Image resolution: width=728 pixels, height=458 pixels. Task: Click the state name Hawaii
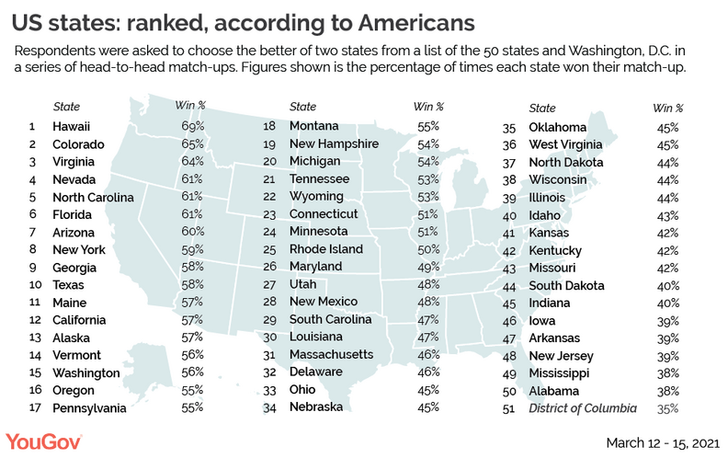point(72,126)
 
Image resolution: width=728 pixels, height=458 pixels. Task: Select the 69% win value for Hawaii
point(191,126)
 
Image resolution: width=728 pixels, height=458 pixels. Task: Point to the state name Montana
point(313,126)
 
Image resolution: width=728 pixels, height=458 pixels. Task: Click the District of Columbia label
point(589,406)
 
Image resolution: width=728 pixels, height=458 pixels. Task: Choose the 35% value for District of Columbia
point(668,406)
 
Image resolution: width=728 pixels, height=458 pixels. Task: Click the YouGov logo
point(44,440)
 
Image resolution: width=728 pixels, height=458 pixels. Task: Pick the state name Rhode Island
point(325,249)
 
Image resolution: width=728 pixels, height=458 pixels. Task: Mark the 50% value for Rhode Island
point(430,249)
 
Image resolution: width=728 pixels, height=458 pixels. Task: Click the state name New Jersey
point(561,356)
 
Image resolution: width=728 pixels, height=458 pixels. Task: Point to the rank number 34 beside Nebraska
point(271,406)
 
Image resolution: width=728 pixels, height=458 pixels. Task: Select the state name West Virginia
point(565,144)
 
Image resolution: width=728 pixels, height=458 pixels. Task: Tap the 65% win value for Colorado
point(191,144)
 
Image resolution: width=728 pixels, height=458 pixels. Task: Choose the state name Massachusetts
point(331,354)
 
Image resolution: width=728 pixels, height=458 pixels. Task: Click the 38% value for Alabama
point(668,389)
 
